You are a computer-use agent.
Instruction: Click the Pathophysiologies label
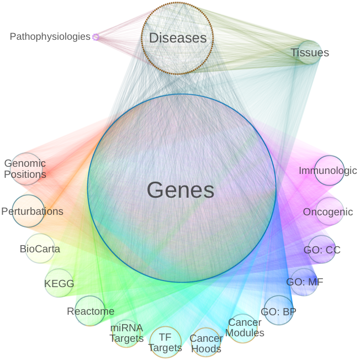(x=50, y=37)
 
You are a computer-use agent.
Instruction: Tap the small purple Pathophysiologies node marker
(x=96, y=37)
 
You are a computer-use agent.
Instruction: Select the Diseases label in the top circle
(x=177, y=38)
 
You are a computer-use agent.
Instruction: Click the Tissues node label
(x=309, y=53)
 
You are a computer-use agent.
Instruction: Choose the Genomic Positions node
(x=25, y=169)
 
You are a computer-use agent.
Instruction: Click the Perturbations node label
(x=32, y=211)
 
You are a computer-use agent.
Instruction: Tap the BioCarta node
(x=39, y=249)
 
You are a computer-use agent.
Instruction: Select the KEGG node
(x=59, y=284)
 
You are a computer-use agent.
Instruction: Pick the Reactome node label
(x=91, y=311)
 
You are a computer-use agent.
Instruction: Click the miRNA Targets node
(x=126, y=333)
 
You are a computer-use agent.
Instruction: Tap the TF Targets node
(x=165, y=342)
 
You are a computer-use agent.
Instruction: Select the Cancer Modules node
(x=244, y=328)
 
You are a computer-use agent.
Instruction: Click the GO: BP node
(x=278, y=311)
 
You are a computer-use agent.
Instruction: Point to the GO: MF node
(x=304, y=282)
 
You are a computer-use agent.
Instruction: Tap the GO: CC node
(x=322, y=250)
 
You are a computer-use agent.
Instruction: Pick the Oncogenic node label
(x=327, y=212)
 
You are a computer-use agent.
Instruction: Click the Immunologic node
(x=328, y=171)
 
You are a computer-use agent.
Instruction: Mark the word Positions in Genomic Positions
(x=25, y=175)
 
